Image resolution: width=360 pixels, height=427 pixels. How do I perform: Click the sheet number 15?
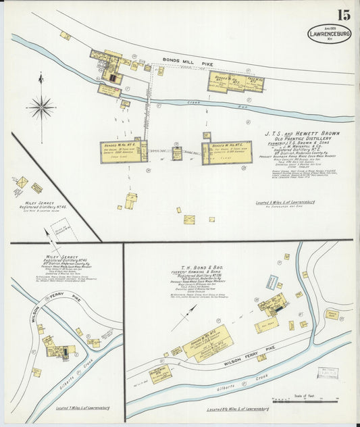(343, 15)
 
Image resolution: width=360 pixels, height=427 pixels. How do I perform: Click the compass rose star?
(41, 107)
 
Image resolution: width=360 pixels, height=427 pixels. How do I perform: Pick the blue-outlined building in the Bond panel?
(272, 282)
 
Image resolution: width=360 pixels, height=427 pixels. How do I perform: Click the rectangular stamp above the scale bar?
(328, 373)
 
